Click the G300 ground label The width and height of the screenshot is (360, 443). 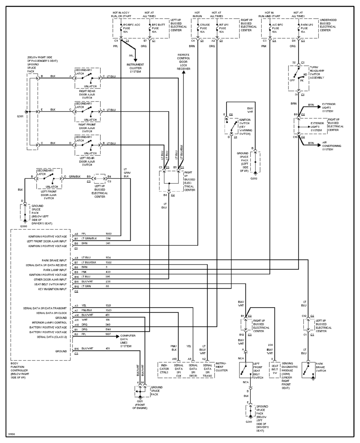pos(23,226)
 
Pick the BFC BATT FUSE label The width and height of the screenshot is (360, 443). pos(157,28)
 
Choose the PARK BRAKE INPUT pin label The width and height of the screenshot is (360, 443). pos(54,261)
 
